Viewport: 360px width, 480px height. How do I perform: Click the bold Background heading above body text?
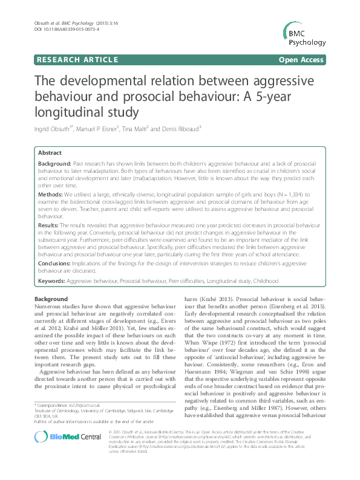click(x=51, y=299)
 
